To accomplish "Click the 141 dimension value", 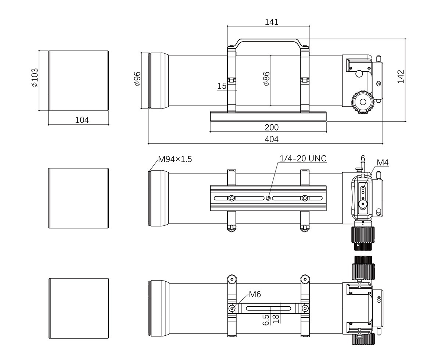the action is tap(272, 22).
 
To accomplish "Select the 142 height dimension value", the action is tap(401, 76).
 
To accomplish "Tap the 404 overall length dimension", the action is tap(272, 139).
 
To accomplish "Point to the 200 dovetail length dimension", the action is tap(272, 127).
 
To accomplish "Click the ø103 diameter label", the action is tap(35, 78).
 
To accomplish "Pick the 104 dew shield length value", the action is tap(82, 120).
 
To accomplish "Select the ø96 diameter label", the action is tap(137, 79).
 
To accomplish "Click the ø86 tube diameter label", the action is tap(266, 79).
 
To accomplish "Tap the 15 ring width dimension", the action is tap(222, 86).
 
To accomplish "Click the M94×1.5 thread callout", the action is tap(175, 159).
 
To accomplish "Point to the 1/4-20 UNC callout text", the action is tap(303, 158).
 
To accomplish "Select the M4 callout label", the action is tap(383, 163).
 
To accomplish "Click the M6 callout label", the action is tap(255, 295).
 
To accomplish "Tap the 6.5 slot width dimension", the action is tap(266, 320).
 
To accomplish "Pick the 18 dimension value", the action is tap(276, 318).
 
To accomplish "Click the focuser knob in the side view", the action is tap(363, 102).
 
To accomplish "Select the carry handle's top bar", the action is tap(269, 40).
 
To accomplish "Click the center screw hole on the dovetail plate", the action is tap(268, 198).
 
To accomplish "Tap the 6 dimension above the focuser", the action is tap(363, 158).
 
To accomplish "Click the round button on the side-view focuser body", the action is tap(359, 74).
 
